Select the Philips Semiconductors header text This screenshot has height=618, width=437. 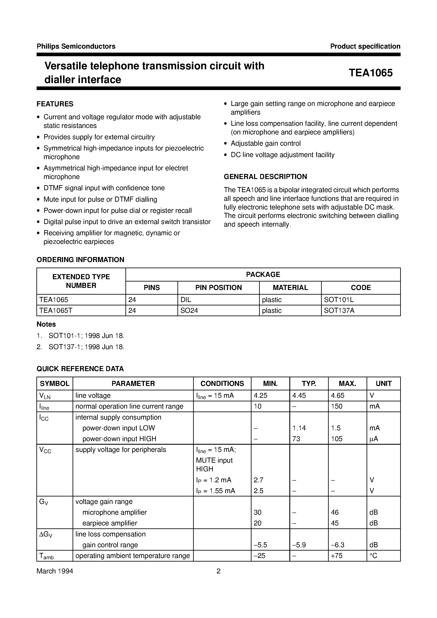76,46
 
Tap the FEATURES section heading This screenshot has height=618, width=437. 55,104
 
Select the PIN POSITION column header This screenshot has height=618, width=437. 218,287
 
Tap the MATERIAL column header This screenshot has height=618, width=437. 290,287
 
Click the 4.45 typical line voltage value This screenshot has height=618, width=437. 299,395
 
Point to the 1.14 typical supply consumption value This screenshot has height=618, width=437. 299,428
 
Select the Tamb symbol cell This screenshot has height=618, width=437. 46,556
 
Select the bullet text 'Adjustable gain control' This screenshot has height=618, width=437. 265,143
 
